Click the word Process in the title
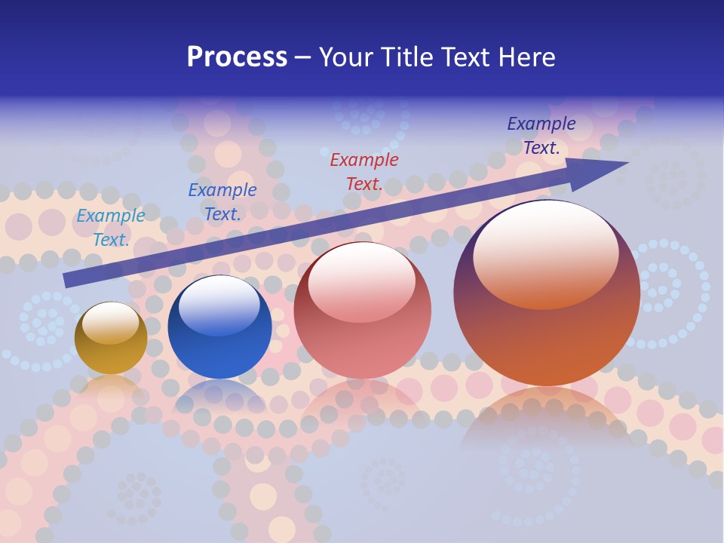point(237,57)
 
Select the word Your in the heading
point(346,57)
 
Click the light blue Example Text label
point(111,228)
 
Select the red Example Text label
point(364,171)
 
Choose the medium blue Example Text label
point(222,202)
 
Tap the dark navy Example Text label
point(541,136)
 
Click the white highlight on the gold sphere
point(110,323)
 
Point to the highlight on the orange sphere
point(546,253)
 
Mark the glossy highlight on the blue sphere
point(219,305)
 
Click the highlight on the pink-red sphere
point(362,281)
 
